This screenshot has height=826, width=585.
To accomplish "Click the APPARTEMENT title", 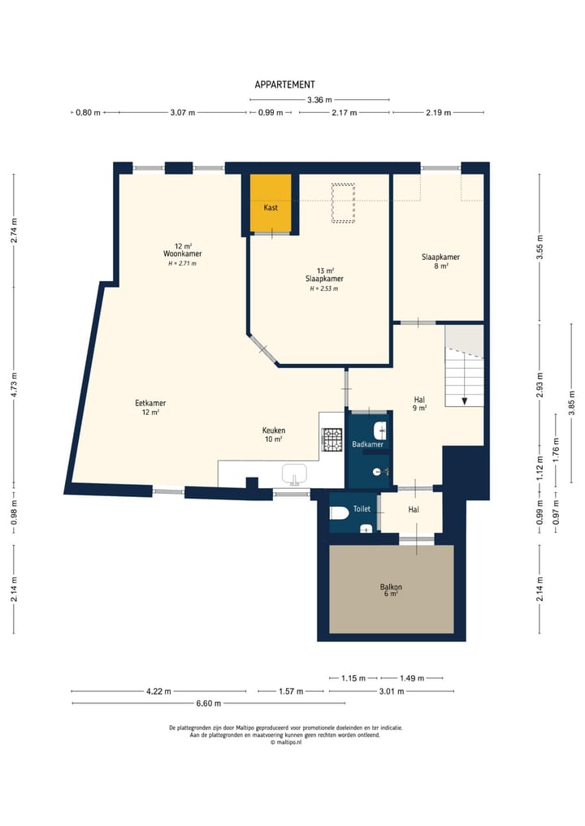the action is click(x=284, y=84).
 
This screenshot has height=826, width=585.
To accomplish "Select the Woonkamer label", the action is click(x=182, y=254).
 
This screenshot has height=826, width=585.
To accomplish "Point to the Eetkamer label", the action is click(x=150, y=403).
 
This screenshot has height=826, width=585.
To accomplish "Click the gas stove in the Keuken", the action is click(x=332, y=440).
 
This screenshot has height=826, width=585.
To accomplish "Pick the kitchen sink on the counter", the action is click(x=295, y=474).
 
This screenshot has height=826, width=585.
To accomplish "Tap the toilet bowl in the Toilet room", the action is click(x=338, y=512).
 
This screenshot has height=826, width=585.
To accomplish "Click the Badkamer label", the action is click(x=367, y=444).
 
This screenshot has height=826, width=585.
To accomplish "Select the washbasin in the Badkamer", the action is click(x=380, y=431).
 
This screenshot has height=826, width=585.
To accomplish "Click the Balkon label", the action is click(x=391, y=587).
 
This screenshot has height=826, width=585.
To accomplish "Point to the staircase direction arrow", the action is click(x=464, y=401).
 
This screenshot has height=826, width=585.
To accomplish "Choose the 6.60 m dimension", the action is click(x=209, y=703).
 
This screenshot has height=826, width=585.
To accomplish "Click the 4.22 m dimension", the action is click(x=158, y=691).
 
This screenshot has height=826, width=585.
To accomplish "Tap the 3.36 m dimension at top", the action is click(x=319, y=100).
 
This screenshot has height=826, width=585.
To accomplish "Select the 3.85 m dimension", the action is click(x=572, y=403).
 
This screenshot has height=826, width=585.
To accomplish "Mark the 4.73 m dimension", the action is click(x=15, y=383).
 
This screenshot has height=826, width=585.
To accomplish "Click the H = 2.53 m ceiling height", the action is click(x=323, y=288).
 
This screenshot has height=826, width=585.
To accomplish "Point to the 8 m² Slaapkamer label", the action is click(x=440, y=262).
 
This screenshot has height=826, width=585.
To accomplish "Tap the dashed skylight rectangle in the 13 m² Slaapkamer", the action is click(x=343, y=203).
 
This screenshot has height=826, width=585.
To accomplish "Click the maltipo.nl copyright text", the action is click(x=286, y=742).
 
